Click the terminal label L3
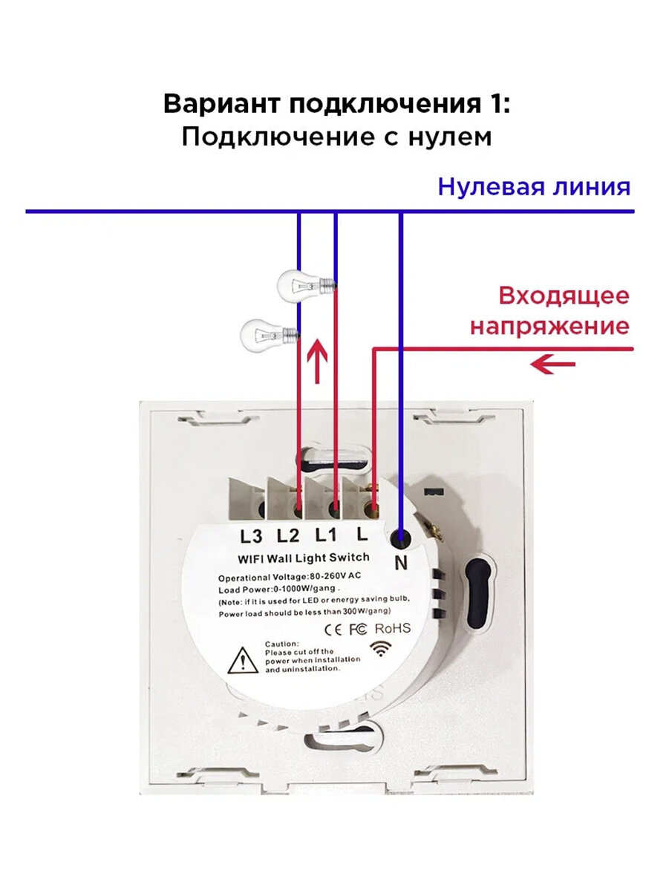252,535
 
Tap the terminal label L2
287,535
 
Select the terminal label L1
324,535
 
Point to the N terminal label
401,564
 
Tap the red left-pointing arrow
554,364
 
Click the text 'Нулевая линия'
534,186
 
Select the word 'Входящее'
564,296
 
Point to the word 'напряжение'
549,326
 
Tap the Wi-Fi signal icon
383,647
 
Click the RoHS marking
392,628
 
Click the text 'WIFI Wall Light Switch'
304,557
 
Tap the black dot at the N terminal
400,537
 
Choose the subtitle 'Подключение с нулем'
336,137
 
